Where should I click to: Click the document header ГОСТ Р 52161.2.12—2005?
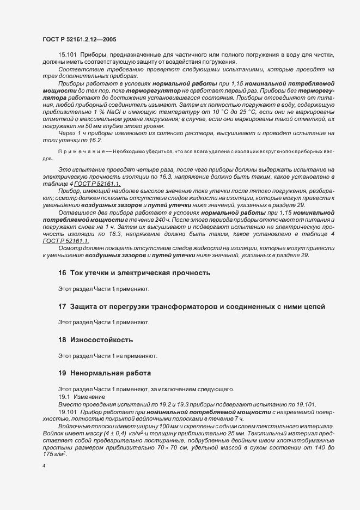point(78,39)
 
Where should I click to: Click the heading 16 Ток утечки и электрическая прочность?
point(133,272)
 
